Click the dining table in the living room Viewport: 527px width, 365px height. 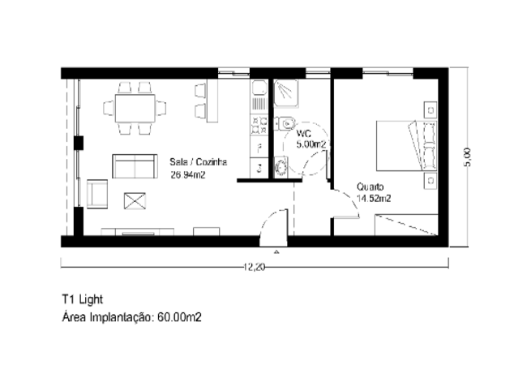tap(135, 108)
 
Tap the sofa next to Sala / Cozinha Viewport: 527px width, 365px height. tap(135, 166)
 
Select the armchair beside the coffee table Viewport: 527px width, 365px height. tap(97, 194)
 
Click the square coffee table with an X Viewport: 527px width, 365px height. tap(135, 201)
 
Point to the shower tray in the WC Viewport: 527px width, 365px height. tap(286, 93)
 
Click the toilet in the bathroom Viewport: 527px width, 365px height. tap(285, 123)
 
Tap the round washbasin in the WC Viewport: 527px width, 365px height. tap(281, 167)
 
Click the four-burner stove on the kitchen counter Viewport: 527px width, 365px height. tap(259, 125)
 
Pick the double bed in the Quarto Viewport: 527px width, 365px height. tap(407, 146)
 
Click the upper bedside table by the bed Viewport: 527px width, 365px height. tap(431, 109)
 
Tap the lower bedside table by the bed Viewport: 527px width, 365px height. tap(431, 181)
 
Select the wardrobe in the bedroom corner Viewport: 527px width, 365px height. tap(406, 225)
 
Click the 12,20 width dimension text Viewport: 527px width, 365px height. tap(255, 267)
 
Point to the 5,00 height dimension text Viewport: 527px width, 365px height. tap(467, 157)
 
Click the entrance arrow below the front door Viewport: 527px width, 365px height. tap(276, 251)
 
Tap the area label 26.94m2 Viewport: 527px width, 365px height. tap(188, 175)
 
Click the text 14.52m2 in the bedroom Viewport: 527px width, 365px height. tap(374, 199)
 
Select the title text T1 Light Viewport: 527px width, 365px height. tap(83, 299)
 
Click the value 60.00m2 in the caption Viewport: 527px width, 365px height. tap(179, 317)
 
